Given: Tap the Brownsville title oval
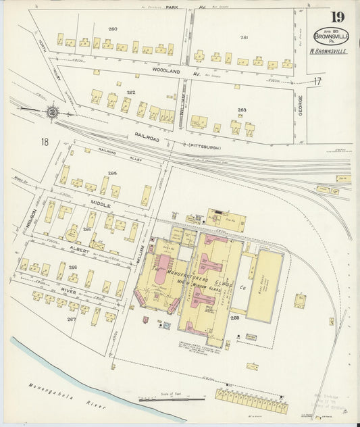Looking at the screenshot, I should (x=330, y=36).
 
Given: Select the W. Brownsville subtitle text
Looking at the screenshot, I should (x=329, y=51).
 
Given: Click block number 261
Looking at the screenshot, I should (x=244, y=37).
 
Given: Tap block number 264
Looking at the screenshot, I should (x=111, y=173).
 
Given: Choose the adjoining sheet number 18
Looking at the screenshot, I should (x=45, y=141).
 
